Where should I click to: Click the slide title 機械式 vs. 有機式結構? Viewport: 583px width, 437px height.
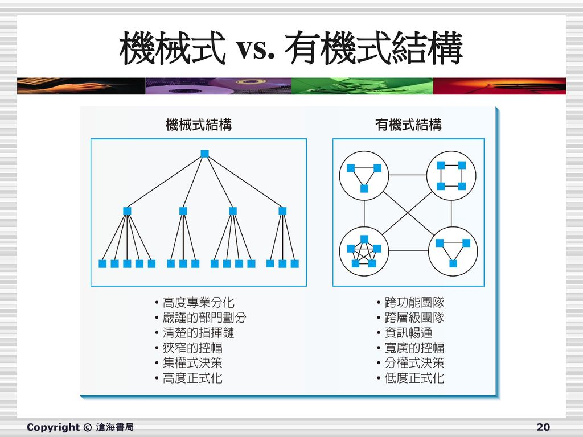[x=291, y=50]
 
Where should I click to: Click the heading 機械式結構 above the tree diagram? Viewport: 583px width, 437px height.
[x=198, y=125]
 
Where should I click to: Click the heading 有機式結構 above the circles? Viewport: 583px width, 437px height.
[x=408, y=125]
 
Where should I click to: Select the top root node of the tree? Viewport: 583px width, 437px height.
[x=205, y=154]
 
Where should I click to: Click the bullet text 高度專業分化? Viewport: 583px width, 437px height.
[x=198, y=302]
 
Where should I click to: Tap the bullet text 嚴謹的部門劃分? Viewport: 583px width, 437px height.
[x=204, y=318]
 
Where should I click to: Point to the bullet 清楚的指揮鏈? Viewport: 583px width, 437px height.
[x=198, y=333]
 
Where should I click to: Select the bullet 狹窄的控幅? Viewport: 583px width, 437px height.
[x=192, y=348]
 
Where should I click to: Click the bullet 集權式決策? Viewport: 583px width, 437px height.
[x=192, y=362]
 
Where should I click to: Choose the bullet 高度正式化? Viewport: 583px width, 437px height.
[x=192, y=378]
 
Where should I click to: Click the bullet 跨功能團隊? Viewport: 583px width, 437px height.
[x=414, y=302]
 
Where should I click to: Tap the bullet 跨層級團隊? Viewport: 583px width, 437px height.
[x=414, y=318]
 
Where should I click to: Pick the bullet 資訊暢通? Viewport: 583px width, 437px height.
[x=408, y=333]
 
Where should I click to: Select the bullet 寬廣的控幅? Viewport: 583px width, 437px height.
[x=414, y=348]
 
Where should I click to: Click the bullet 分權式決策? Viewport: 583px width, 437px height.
[x=414, y=362]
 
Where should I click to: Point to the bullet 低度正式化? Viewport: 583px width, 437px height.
[x=414, y=378]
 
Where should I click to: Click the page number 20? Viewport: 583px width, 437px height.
[x=543, y=427]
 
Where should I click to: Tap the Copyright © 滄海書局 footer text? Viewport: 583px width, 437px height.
[x=80, y=427]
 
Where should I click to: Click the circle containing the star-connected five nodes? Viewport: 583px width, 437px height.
[x=364, y=251]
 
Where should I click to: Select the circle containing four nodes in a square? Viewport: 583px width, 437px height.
[x=451, y=176]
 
